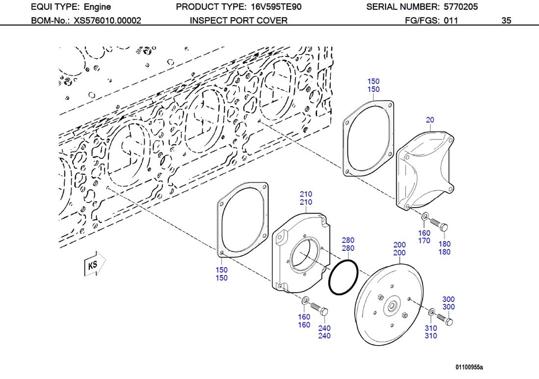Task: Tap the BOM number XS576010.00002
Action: (x=108, y=21)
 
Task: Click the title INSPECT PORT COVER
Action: (x=239, y=21)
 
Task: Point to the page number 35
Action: (x=506, y=21)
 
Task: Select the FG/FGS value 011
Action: (x=451, y=21)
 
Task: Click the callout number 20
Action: (x=430, y=120)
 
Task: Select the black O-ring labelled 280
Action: (x=343, y=277)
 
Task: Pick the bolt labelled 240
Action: (x=320, y=309)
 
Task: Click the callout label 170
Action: (x=424, y=241)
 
